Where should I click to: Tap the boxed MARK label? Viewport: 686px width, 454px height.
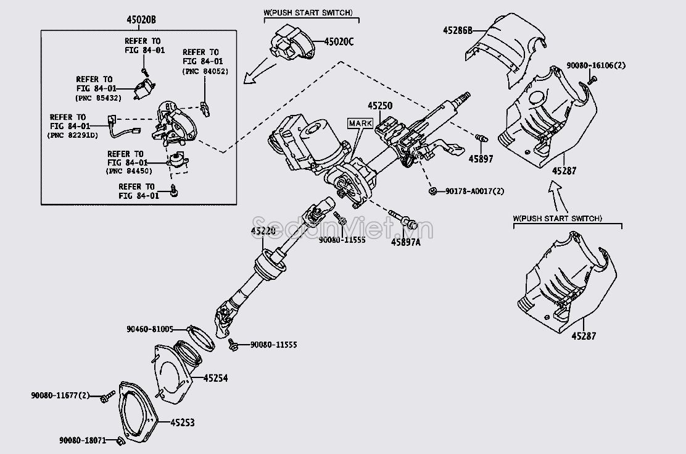click(x=360, y=124)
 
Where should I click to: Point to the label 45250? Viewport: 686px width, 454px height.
click(x=380, y=106)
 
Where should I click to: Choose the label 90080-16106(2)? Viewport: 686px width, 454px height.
click(x=595, y=65)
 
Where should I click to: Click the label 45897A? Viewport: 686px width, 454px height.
click(x=405, y=242)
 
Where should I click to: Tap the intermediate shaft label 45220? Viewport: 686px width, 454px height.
click(x=264, y=231)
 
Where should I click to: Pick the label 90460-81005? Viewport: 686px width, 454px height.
click(x=150, y=329)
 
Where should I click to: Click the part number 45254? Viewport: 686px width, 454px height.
click(x=216, y=377)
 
